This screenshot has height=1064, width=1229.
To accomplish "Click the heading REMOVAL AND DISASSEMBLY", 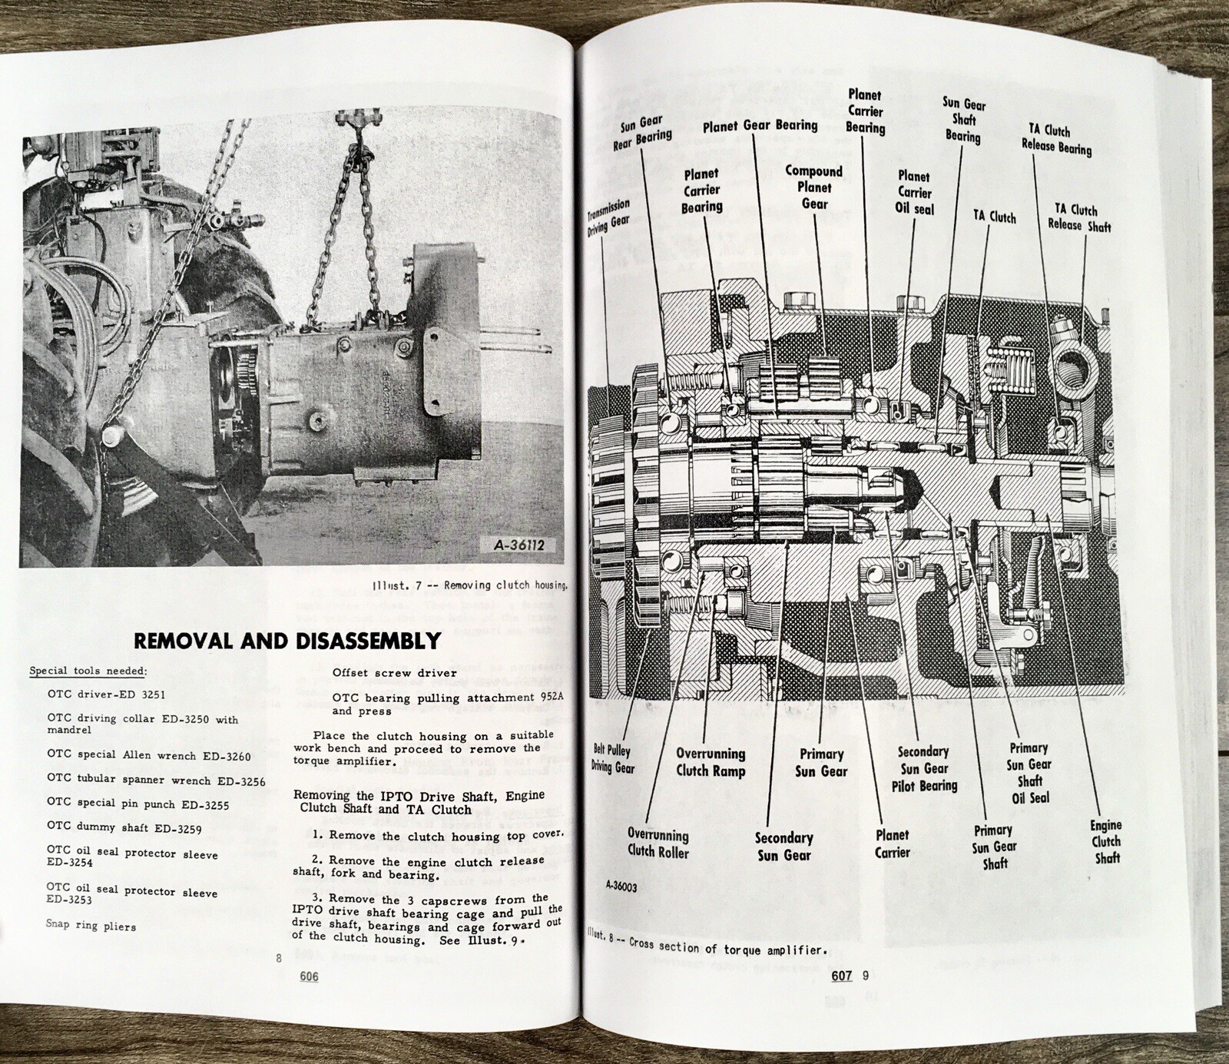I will [287, 641].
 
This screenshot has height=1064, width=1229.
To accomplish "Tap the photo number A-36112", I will [518, 545].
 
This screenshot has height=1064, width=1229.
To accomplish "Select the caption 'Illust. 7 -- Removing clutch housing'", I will [470, 585].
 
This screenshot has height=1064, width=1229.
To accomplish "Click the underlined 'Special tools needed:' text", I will [88, 671].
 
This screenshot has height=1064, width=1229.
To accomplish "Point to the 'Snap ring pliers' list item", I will [91, 925].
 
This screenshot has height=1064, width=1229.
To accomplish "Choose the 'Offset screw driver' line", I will [394, 673].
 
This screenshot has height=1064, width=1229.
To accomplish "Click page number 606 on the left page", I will [309, 976].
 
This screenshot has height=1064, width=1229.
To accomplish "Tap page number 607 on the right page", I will [842, 976].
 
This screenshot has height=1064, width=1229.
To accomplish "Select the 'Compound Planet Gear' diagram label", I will [814, 187].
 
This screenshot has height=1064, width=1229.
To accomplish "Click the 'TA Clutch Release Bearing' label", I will [1056, 139].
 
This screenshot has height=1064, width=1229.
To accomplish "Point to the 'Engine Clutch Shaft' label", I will [1106, 841].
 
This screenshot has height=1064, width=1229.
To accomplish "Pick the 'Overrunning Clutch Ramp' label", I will [711, 762].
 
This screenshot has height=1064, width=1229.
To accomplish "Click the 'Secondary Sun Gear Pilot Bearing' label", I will [924, 768].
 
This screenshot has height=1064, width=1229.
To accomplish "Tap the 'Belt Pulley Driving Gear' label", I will [612, 758].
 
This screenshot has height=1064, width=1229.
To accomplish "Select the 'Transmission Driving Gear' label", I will [609, 217].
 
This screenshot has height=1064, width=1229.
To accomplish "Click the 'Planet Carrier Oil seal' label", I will [914, 192].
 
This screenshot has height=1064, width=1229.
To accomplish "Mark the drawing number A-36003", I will [621, 886].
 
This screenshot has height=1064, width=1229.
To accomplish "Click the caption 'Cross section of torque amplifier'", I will [727, 946].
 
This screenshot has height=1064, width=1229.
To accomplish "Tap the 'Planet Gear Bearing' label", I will [760, 126].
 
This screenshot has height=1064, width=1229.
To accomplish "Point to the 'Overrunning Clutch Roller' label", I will [658, 843].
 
